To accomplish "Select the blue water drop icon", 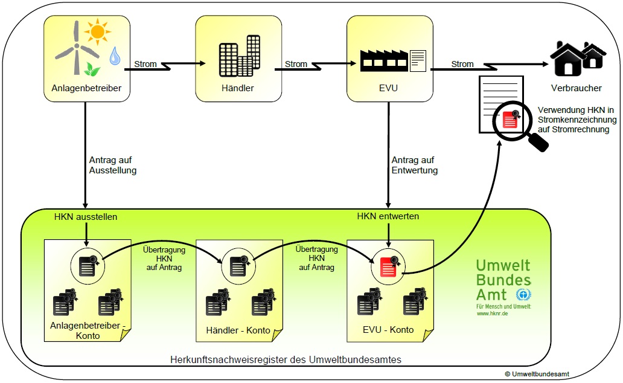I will click(x=113, y=57).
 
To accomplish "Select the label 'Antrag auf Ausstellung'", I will click(x=113, y=165).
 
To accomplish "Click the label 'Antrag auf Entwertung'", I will click(x=415, y=165).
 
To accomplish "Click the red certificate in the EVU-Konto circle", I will click(x=388, y=266).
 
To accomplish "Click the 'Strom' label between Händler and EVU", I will click(x=296, y=64).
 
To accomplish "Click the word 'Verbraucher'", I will click(x=576, y=88).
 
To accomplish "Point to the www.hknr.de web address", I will click(x=492, y=314).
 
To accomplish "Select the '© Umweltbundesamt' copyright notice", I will click(x=537, y=375).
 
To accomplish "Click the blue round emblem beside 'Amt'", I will click(x=523, y=294).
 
